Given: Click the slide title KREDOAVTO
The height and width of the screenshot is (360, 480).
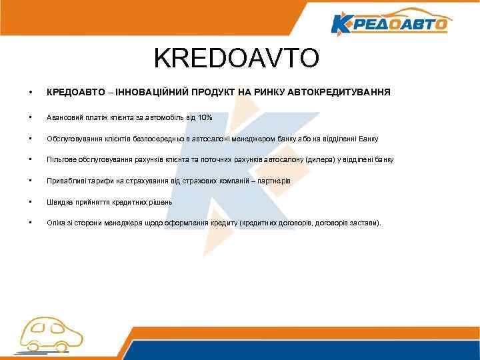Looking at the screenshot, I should tap(237, 59).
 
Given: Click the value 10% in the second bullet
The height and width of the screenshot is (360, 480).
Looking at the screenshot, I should tap(205, 117).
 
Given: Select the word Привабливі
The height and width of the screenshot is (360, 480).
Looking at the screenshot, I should tap(65, 181).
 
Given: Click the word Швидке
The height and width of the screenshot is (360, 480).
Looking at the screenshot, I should tap(59, 202).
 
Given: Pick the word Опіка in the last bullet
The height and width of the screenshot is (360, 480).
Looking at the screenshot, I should tap(56, 223).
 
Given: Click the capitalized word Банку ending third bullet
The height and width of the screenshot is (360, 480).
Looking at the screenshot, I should tap(369, 139).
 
